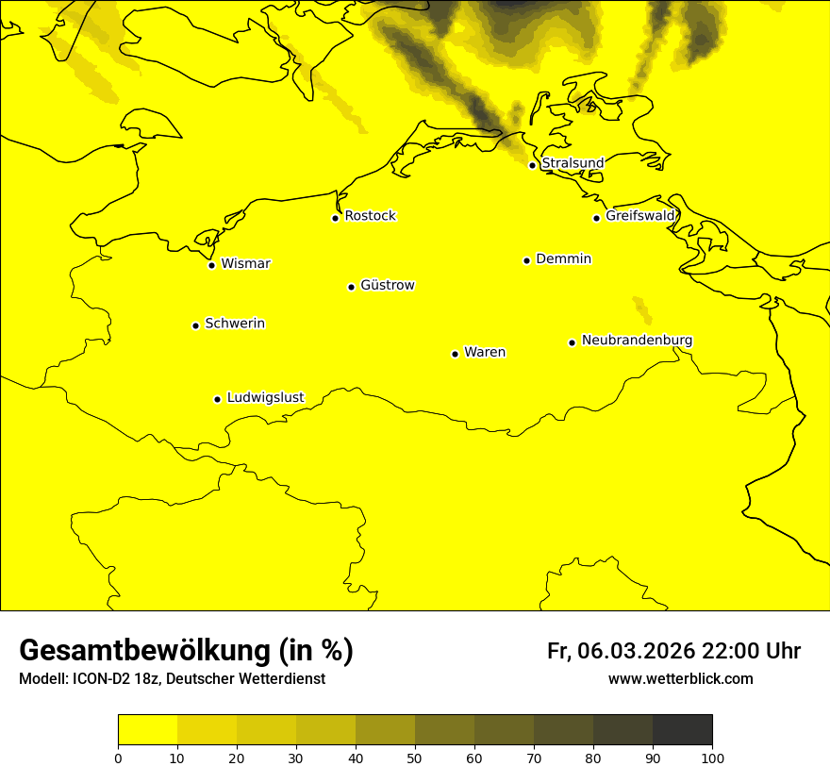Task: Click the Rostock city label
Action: pos(370,216)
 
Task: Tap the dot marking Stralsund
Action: pos(532,165)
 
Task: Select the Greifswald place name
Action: pos(640,216)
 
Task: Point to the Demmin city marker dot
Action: pos(526,260)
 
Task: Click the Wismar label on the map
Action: pos(245,263)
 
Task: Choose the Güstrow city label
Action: pos(387,285)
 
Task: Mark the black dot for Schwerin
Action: pos(195,325)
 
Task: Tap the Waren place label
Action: pos(485,352)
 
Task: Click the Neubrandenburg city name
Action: pos(637,340)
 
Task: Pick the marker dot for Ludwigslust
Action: pos(217,399)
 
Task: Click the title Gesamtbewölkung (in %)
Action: pos(186,651)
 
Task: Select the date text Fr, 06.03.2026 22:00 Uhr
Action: pos(673,651)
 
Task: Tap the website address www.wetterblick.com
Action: pos(680,678)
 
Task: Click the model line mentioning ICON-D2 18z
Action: pos(172,678)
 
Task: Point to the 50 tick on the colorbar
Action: pos(415,758)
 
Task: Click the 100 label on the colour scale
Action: pos(712,758)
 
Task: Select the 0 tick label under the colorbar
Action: pos(118,758)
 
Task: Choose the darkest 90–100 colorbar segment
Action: pos(682,730)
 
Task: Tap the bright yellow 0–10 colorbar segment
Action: pos(147,730)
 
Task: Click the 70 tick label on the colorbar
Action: pos(534,758)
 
